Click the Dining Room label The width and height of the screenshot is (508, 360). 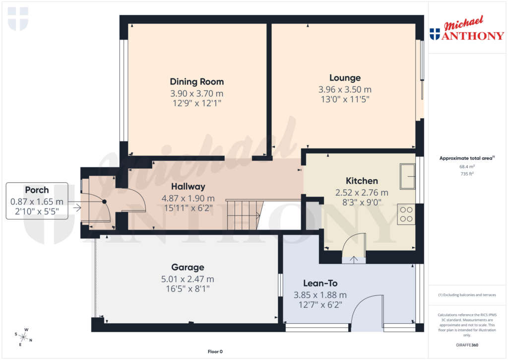point(196,81)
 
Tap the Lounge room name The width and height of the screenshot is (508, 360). point(345,78)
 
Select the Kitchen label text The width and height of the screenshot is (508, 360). point(362,181)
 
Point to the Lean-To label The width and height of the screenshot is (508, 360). point(320,283)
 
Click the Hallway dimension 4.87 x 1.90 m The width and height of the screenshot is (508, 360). point(188,198)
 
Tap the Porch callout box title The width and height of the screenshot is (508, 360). point(37,190)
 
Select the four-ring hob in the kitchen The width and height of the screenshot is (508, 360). point(406,214)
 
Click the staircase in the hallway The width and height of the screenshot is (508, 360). point(243,215)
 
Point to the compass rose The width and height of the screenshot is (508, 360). point(23,337)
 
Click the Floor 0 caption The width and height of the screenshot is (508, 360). point(215,352)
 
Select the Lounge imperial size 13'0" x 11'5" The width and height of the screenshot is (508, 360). point(345,99)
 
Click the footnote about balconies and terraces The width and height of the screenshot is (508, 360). point(467,295)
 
